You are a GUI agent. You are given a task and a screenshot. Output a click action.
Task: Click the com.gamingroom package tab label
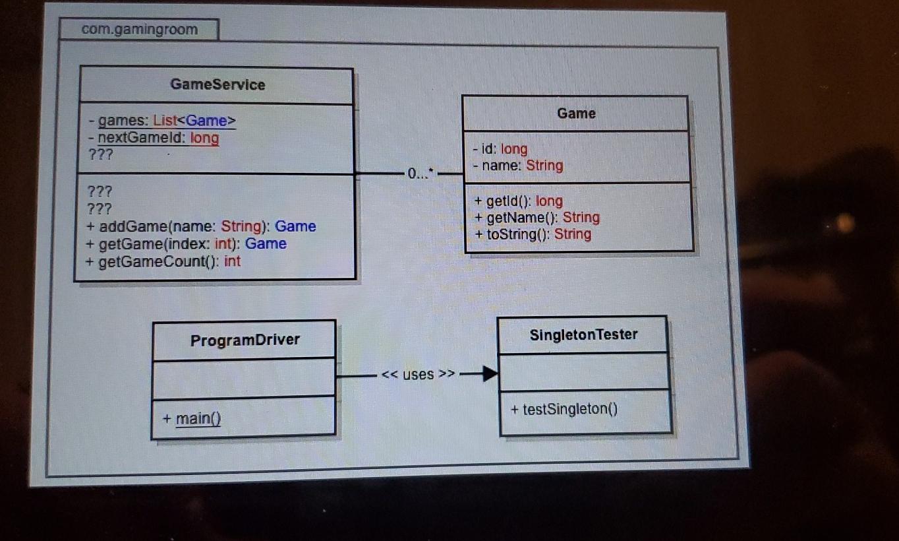pyautogui.click(x=139, y=30)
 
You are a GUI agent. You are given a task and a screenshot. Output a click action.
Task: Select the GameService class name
pyautogui.click(x=217, y=84)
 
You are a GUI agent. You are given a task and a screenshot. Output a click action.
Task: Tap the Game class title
pyautogui.click(x=576, y=113)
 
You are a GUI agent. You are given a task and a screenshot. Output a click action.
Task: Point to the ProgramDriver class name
pyautogui.click(x=245, y=340)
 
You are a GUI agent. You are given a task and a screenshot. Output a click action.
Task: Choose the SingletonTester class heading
pyautogui.click(x=583, y=334)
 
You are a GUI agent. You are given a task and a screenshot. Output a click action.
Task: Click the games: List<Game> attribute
pyautogui.click(x=162, y=121)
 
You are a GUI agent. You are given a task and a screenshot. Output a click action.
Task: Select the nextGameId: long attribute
pyautogui.click(x=154, y=138)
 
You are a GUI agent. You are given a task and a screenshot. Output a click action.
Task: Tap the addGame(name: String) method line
pyautogui.click(x=201, y=226)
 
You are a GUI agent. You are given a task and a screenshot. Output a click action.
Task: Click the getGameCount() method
pyautogui.click(x=163, y=261)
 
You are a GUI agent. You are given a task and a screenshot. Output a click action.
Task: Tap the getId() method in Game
pyautogui.click(x=518, y=201)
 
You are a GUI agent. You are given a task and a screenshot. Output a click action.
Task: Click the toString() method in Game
pyautogui.click(x=532, y=234)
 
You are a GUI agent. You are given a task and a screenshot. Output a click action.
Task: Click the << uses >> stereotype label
pyautogui.click(x=418, y=375)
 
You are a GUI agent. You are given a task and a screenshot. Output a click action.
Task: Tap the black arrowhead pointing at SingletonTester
pyautogui.click(x=488, y=375)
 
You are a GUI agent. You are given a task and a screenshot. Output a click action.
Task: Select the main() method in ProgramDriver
pyautogui.click(x=192, y=418)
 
